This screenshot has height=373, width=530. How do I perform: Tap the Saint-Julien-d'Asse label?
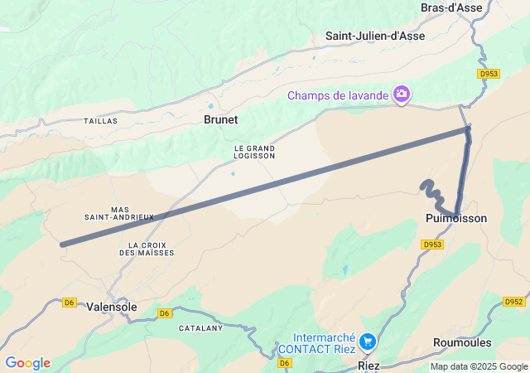click(x=375, y=36)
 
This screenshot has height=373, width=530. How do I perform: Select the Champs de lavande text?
click(x=338, y=95)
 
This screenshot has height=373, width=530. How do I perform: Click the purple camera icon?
click(x=402, y=94)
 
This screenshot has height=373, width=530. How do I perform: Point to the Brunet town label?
click(x=220, y=119)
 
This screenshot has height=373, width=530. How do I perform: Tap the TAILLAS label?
click(x=100, y=121)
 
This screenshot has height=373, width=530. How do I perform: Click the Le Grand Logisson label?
click(x=254, y=151)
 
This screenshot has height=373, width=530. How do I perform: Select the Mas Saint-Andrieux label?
click(x=119, y=213)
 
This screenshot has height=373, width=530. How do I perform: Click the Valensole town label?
click(x=112, y=306)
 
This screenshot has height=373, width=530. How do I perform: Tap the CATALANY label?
click(x=201, y=328)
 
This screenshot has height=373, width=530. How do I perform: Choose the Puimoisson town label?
click(x=455, y=218)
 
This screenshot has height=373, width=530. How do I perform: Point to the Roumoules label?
click(x=462, y=342)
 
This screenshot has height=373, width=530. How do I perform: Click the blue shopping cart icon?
click(x=368, y=342)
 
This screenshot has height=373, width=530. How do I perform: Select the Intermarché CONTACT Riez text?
click(x=318, y=343)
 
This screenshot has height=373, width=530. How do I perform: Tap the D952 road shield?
click(x=515, y=302)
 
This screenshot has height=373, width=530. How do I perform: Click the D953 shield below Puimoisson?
click(x=432, y=245)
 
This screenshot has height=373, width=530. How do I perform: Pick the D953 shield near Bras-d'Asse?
click(x=489, y=74)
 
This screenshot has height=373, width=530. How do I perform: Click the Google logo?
click(x=27, y=363)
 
